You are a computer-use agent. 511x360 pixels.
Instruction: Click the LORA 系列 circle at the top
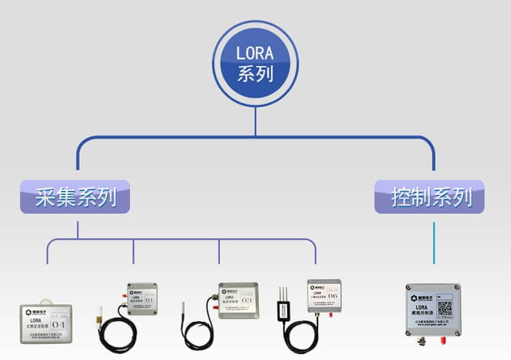coord(255,63)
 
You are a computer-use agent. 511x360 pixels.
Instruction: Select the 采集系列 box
coord(76,198)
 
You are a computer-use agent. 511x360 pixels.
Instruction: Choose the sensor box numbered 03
coord(238,300)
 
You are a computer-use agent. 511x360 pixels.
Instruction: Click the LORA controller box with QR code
coord(433,310)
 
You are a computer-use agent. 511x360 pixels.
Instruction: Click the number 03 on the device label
coord(247,300)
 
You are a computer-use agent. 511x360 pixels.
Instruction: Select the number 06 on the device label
coord(332,296)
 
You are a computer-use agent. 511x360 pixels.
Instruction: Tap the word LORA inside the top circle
coord(255,53)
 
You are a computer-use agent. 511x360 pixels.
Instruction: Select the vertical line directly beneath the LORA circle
coord(255,120)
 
